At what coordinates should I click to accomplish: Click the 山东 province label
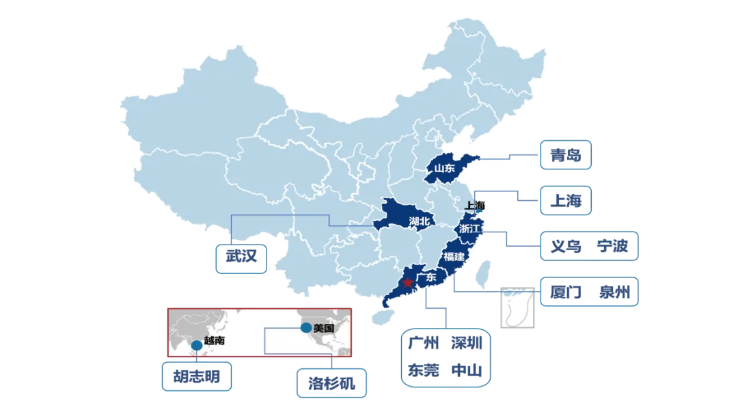[444, 168]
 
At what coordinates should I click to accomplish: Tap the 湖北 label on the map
[420, 221]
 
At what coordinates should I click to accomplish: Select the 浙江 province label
[470, 228]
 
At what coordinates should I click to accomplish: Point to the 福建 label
[453, 257]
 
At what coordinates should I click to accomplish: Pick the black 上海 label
[474, 206]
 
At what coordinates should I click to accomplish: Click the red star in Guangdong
[408, 282]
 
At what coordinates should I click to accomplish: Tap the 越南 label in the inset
[214, 340]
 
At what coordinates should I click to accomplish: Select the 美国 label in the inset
[323, 328]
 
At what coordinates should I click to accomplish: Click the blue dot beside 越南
[197, 345]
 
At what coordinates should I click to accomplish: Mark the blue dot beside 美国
[305, 327]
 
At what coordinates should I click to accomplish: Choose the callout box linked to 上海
[565, 200]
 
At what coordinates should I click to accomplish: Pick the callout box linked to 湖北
[240, 258]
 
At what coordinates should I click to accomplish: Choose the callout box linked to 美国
[332, 382]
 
